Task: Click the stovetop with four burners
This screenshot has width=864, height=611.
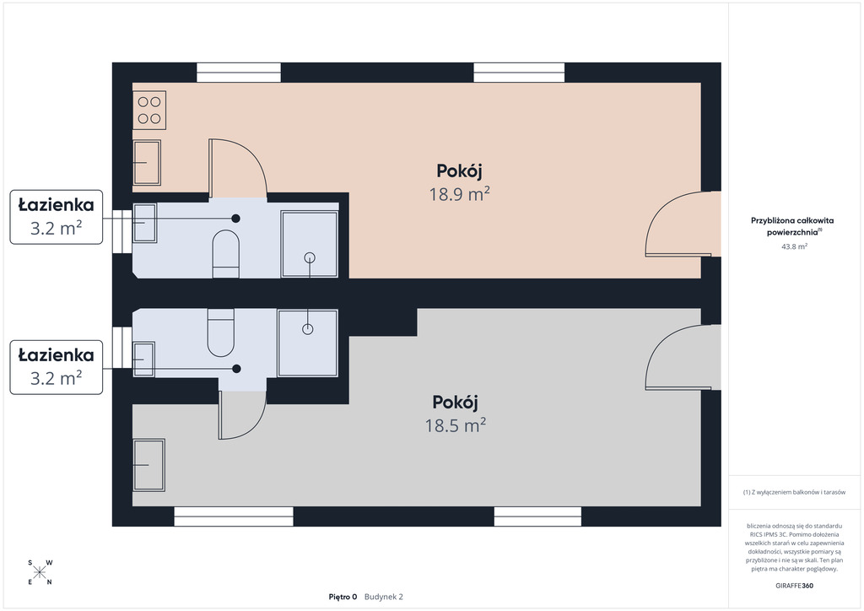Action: (149, 111)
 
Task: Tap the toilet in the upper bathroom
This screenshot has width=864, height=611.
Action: (226, 254)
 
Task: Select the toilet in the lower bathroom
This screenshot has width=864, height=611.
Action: (220, 333)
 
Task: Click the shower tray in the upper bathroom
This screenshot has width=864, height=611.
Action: (309, 244)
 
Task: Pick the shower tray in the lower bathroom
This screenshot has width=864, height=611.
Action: (307, 343)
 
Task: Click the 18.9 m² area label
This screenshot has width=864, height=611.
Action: (460, 194)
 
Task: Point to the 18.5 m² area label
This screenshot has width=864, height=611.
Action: (455, 425)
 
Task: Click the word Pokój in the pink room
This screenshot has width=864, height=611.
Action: (460, 171)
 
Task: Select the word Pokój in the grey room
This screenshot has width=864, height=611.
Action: (455, 403)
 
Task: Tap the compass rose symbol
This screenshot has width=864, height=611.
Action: (40, 572)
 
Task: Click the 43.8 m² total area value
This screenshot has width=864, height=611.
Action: (794, 246)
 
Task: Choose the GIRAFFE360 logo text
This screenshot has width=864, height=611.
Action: (794, 586)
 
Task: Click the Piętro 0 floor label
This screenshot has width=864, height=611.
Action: (343, 597)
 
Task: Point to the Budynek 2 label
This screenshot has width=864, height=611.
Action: (384, 597)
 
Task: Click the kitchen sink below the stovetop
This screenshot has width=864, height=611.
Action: (147, 163)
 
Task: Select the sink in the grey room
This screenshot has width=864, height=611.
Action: (148, 465)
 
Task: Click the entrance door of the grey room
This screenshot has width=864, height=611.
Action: (683, 357)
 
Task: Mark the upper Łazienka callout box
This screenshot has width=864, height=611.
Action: (57, 217)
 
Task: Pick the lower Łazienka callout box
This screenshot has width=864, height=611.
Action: (57, 367)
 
